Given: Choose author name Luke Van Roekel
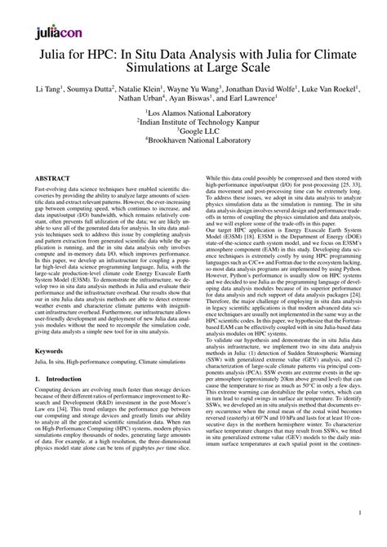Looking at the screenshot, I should [346, 87].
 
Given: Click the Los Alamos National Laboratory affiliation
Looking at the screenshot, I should [194, 117].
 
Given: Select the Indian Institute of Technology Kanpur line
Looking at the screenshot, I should [194, 128].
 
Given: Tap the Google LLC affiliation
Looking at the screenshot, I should [194, 140].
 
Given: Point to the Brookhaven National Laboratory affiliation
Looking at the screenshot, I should [194, 151].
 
